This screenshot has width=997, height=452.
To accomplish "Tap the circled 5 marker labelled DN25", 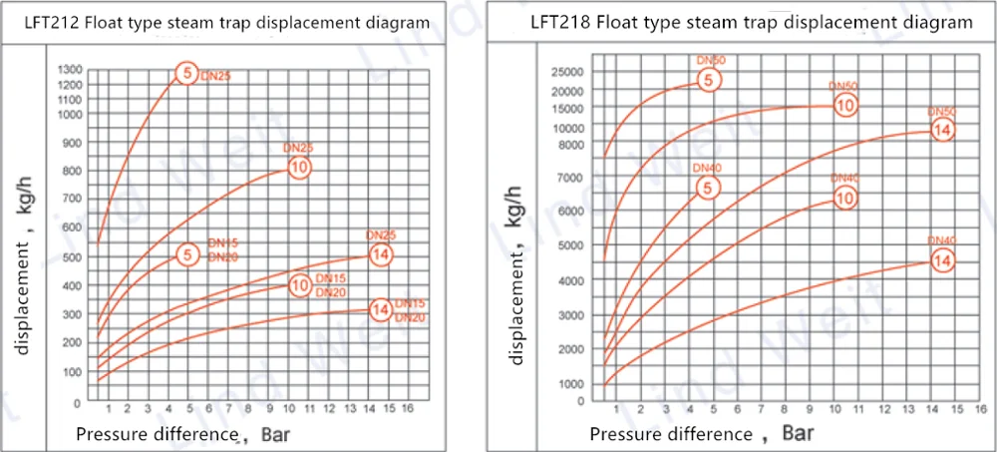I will tap(186, 72).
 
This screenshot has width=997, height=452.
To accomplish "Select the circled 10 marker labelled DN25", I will tap(299, 167).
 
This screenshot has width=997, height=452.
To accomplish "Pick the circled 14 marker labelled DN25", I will tap(380, 254).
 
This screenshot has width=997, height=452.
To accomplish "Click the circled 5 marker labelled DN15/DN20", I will tap(187, 254).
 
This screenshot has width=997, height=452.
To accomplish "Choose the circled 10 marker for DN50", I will tap(844, 105).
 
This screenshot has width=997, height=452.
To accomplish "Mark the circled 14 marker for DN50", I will tap(942, 129).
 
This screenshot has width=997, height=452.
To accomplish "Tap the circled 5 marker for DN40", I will tap(707, 187).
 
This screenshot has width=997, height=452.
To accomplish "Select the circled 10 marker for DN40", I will tap(844, 198).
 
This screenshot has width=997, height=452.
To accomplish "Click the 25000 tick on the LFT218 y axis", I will tap(565, 72).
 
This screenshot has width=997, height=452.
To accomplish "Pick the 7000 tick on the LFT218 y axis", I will tap(568, 177).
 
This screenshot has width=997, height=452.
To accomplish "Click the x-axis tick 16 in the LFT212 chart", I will tap(408, 409).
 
